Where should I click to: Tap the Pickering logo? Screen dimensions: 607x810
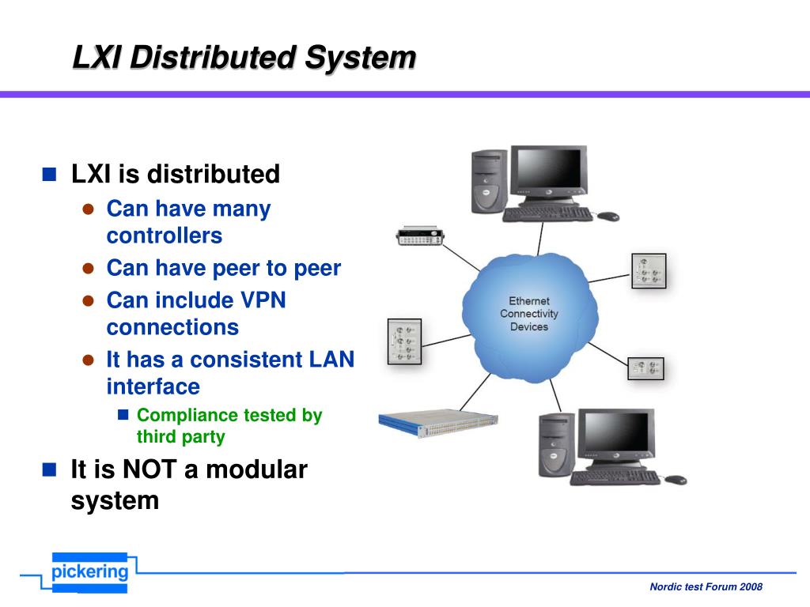89,572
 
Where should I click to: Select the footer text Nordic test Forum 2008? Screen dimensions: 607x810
706,586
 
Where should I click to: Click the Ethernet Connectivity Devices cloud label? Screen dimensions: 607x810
528,314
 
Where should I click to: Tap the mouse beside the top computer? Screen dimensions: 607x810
607,216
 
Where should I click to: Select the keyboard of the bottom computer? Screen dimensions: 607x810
614,477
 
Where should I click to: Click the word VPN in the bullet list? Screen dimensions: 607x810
262,300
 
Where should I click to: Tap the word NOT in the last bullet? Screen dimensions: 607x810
150,469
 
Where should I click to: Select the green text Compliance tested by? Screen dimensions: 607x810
229,416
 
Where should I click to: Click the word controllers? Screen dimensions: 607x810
165,236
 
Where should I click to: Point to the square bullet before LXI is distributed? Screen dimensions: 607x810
50,174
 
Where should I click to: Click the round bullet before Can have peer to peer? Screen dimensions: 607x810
89,269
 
